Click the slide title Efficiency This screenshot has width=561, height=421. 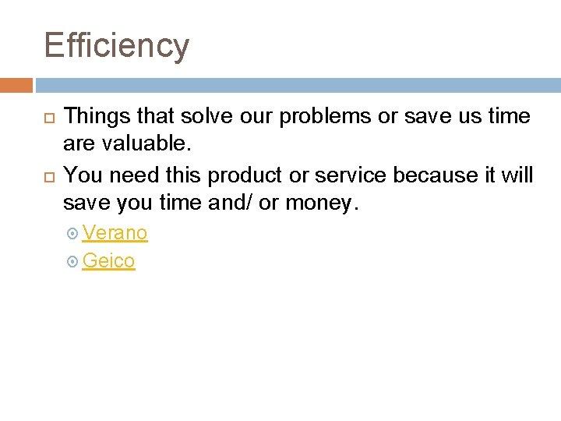116,46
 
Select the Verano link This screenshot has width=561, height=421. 115,233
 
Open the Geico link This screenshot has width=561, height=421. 108,261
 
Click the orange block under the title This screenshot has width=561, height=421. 16,85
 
